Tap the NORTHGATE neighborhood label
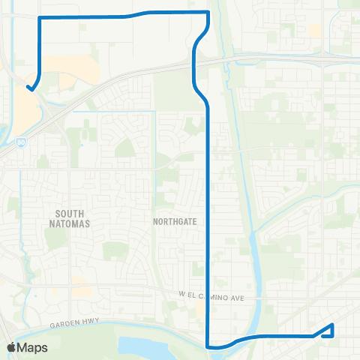[173, 222]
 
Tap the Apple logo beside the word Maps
[11, 347]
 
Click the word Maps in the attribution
[33, 347]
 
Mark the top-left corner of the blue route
[39, 16]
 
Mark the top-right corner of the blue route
[208, 12]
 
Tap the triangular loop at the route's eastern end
[328, 331]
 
